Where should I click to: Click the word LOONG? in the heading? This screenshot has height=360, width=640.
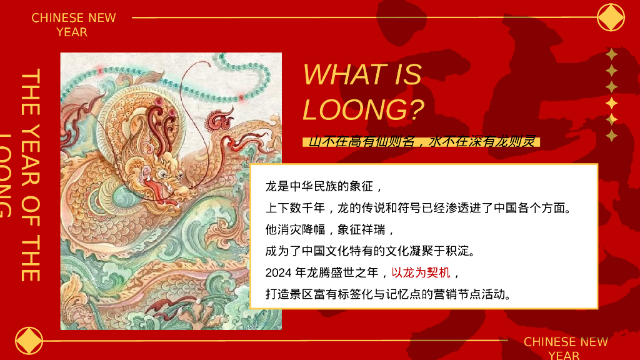point(363,109)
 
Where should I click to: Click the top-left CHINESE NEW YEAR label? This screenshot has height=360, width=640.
point(74,24)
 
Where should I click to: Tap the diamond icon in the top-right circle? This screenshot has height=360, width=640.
point(611,17)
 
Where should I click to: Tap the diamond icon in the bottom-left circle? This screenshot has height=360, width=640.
point(29,341)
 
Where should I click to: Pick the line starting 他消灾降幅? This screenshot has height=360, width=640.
point(330,229)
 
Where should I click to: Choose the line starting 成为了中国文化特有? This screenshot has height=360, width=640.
point(371,251)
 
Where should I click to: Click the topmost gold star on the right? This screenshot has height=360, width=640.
point(612,55)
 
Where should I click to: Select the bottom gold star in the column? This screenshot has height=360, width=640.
point(612,136)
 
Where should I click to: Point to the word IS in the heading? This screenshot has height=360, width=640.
point(407,75)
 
